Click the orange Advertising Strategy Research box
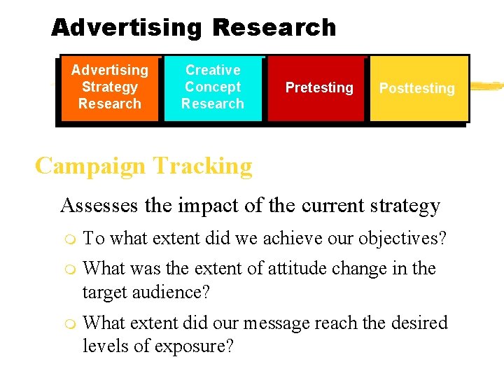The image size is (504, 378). click(x=109, y=88)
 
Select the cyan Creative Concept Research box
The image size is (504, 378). click(x=213, y=88)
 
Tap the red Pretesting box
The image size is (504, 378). click(x=319, y=88)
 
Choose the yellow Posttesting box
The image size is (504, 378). click(x=417, y=88)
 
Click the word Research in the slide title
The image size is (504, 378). click(x=274, y=28)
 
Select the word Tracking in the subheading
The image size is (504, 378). click(x=203, y=167)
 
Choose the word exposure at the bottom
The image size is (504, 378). click(x=196, y=346)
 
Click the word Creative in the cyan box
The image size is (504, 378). click(x=213, y=70)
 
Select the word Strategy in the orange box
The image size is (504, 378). click(x=109, y=87)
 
